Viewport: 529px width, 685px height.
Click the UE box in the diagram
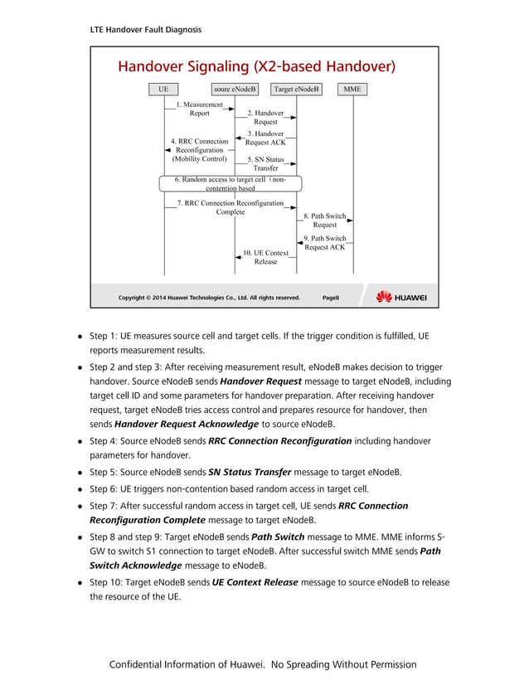pos(164,89)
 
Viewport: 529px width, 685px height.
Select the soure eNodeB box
pos(235,89)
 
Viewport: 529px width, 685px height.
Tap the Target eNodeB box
pos(296,89)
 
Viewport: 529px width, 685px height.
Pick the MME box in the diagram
pos(352,89)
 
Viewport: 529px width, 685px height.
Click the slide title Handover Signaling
pos(256,66)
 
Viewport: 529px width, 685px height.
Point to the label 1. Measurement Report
pos(199,109)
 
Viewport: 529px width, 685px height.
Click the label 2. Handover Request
pos(265,117)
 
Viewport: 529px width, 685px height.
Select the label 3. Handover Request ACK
pos(265,138)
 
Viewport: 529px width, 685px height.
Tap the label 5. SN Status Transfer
pos(265,163)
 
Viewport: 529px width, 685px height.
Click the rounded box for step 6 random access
pos(231,183)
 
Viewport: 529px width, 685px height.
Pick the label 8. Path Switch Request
pos(325,220)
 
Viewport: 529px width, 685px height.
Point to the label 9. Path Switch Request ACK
pos(325,242)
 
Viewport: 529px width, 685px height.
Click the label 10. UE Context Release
pos(265,256)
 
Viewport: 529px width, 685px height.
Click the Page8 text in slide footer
pos(330,297)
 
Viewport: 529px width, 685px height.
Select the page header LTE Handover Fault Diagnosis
pos(146,30)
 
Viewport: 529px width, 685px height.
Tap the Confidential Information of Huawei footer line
pos(264,664)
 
